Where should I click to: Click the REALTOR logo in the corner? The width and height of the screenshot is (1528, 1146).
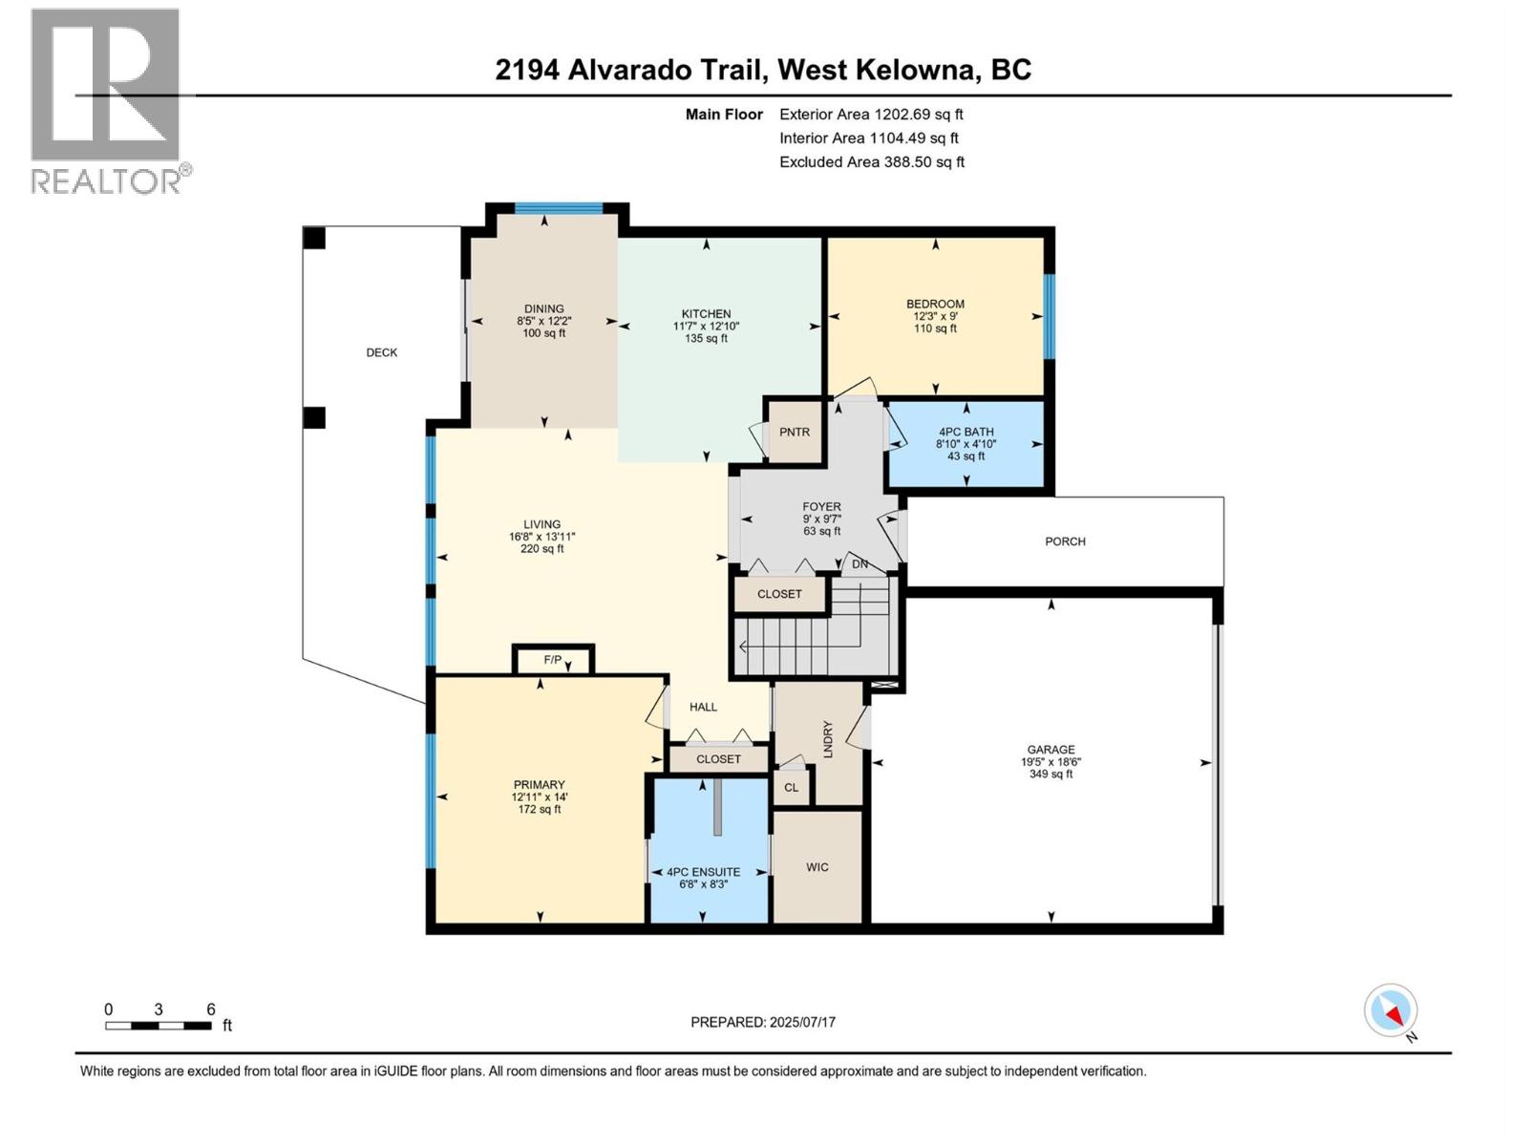click(x=106, y=100)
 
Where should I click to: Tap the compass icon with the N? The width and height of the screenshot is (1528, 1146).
click(x=1390, y=1010)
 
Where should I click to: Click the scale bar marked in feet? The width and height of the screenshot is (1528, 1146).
click(x=159, y=1026)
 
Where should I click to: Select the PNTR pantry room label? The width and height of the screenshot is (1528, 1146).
click(x=794, y=432)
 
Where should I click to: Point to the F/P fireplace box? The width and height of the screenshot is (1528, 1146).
click(x=553, y=660)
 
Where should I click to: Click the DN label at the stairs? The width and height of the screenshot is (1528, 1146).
click(x=859, y=564)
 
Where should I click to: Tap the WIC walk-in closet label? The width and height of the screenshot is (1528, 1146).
click(x=817, y=867)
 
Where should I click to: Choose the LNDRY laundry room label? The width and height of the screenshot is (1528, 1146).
click(x=828, y=739)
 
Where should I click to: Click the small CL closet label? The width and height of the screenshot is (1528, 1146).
click(x=791, y=788)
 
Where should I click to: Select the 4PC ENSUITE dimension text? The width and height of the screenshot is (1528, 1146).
click(x=703, y=884)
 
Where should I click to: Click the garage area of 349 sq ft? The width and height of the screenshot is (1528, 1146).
click(x=1050, y=775)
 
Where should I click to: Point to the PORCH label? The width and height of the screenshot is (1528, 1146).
click(x=1065, y=541)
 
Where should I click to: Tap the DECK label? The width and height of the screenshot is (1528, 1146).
click(x=381, y=352)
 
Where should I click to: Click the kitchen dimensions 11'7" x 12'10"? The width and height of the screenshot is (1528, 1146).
click(x=706, y=326)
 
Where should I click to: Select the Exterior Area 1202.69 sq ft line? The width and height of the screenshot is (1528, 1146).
click(x=871, y=115)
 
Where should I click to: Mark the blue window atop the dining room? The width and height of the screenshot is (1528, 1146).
click(x=559, y=208)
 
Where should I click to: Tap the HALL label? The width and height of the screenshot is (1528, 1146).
click(x=703, y=707)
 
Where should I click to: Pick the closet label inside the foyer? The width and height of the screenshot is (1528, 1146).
click(x=779, y=594)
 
